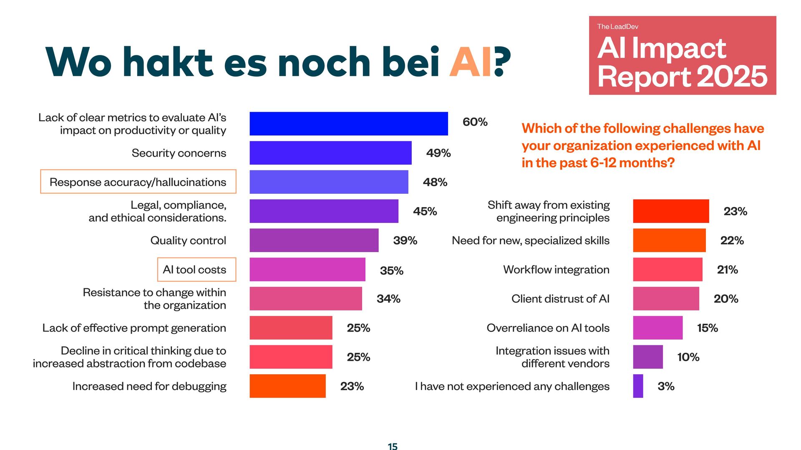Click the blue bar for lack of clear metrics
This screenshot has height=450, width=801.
348,124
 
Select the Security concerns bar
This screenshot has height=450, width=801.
330,153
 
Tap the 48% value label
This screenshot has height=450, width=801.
435,182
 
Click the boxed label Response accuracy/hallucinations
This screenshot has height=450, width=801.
138,182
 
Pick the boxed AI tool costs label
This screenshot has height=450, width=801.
196,270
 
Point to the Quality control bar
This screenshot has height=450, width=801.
314,240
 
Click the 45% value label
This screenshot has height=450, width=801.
425,211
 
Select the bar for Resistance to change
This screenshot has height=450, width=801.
305,299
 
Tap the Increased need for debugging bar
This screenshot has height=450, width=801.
287,386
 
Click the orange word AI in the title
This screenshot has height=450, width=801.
471,62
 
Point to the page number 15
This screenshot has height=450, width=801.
393,446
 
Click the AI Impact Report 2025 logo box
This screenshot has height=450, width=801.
682,55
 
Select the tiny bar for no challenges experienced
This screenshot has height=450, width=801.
638,386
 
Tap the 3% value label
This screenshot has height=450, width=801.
666,386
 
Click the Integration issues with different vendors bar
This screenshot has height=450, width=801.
647,357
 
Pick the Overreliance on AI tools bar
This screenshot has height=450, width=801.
657,328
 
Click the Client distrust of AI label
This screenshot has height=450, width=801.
560,299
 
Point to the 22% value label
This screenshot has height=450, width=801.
732,240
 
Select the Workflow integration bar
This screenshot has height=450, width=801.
667,270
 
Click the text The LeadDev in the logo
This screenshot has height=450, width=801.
617,27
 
